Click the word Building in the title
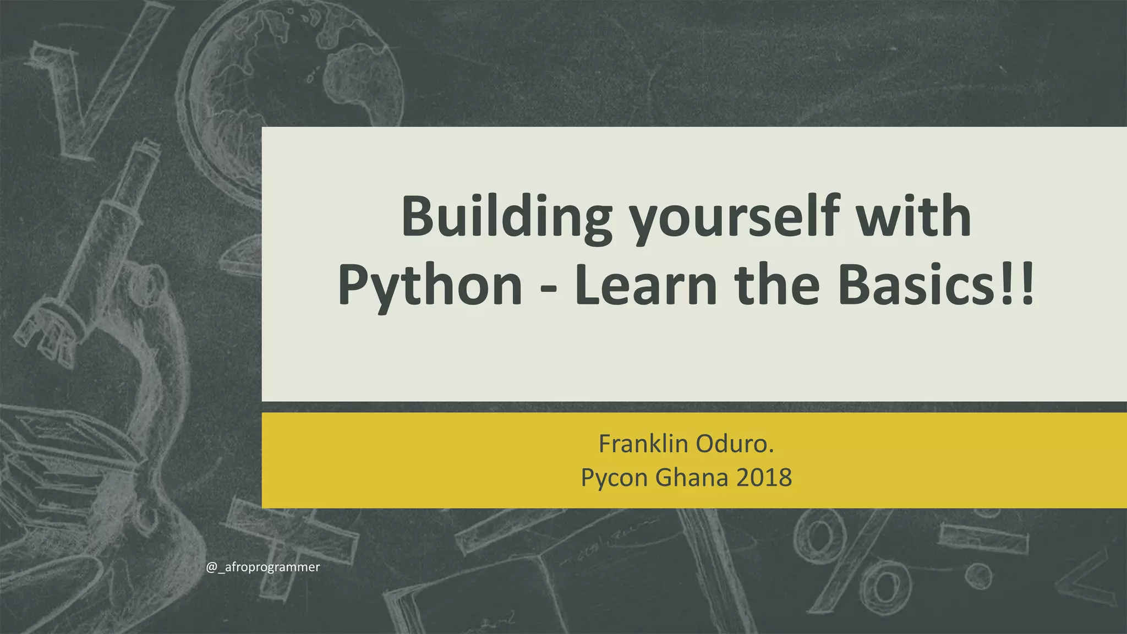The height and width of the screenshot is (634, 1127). click(506, 218)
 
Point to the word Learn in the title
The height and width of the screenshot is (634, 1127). click(645, 285)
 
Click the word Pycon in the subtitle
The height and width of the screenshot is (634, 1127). click(614, 478)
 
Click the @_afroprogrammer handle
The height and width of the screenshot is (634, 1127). click(263, 567)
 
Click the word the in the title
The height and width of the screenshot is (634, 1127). click(776, 285)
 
